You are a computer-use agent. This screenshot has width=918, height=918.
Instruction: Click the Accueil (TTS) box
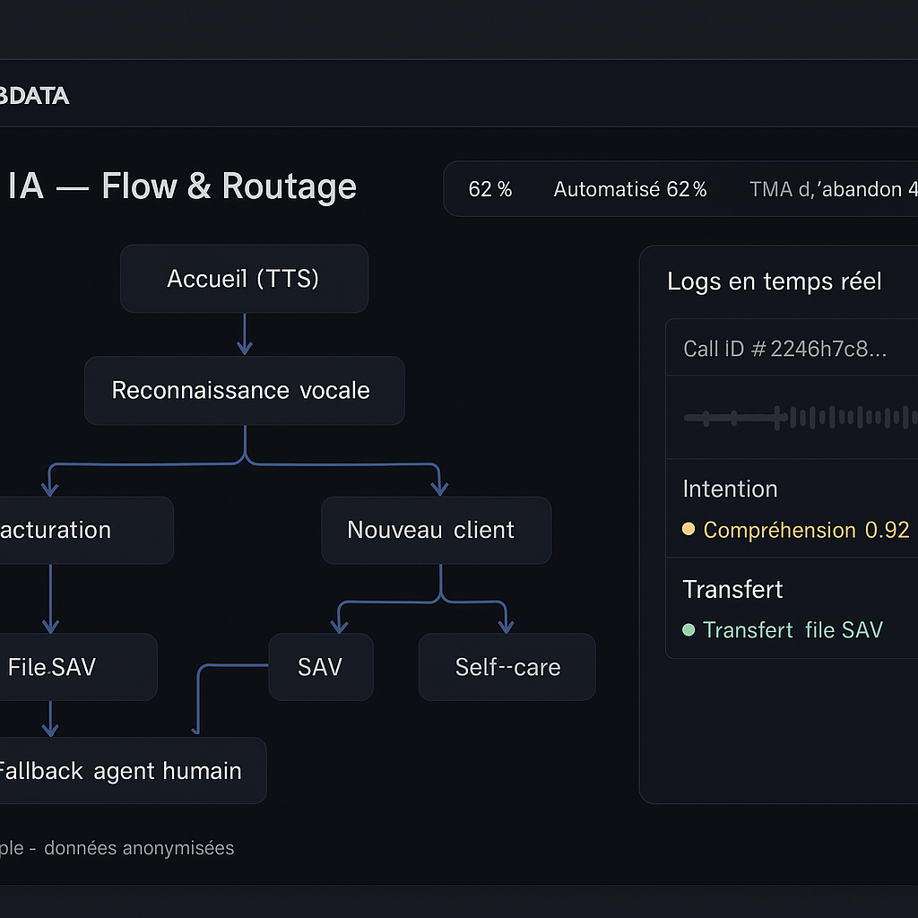(x=244, y=279)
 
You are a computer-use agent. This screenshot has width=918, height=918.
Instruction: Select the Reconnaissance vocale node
(x=244, y=390)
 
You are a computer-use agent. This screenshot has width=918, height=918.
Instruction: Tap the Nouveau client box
(x=436, y=530)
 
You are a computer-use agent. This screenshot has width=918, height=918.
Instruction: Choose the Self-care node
(x=507, y=667)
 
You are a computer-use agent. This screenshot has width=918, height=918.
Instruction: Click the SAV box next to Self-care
(x=320, y=667)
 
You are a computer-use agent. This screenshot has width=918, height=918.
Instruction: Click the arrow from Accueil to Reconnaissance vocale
(x=244, y=334)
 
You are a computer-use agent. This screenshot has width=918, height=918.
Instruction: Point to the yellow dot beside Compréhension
(x=688, y=530)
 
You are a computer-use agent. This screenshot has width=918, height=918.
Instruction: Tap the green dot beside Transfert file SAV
(x=688, y=630)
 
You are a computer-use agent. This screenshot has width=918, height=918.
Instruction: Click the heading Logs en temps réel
(x=775, y=281)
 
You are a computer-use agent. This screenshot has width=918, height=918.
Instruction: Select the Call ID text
(x=784, y=349)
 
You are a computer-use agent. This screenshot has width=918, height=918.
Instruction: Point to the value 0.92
(x=887, y=530)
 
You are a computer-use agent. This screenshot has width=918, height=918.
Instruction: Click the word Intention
(x=730, y=489)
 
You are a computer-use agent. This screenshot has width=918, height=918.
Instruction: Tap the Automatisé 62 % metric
(x=630, y=189)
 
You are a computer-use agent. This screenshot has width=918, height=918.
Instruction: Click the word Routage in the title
(x=289, y=186)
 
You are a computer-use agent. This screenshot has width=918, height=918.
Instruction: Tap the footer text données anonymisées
(x=139, y=848)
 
